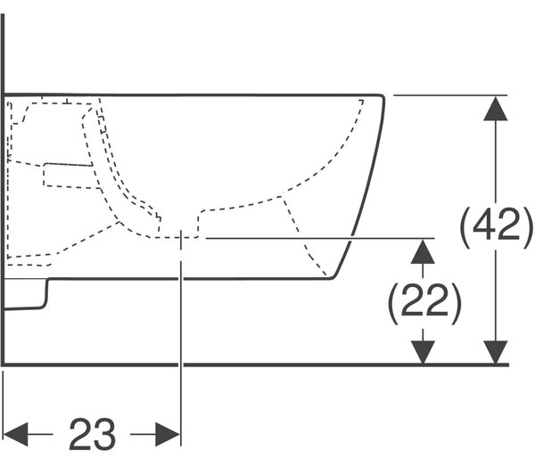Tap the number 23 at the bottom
92,434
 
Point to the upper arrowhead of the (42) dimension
496,108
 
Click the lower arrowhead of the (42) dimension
496,352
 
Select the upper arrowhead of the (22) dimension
423,251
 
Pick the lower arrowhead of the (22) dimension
423,352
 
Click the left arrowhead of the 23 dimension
15,434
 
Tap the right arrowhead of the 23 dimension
168,434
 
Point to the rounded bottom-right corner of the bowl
333,277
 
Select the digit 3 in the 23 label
104,434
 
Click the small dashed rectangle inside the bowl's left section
69,176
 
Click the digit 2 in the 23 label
80,434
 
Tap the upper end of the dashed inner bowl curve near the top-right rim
362,101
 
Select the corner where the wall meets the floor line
3,365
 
